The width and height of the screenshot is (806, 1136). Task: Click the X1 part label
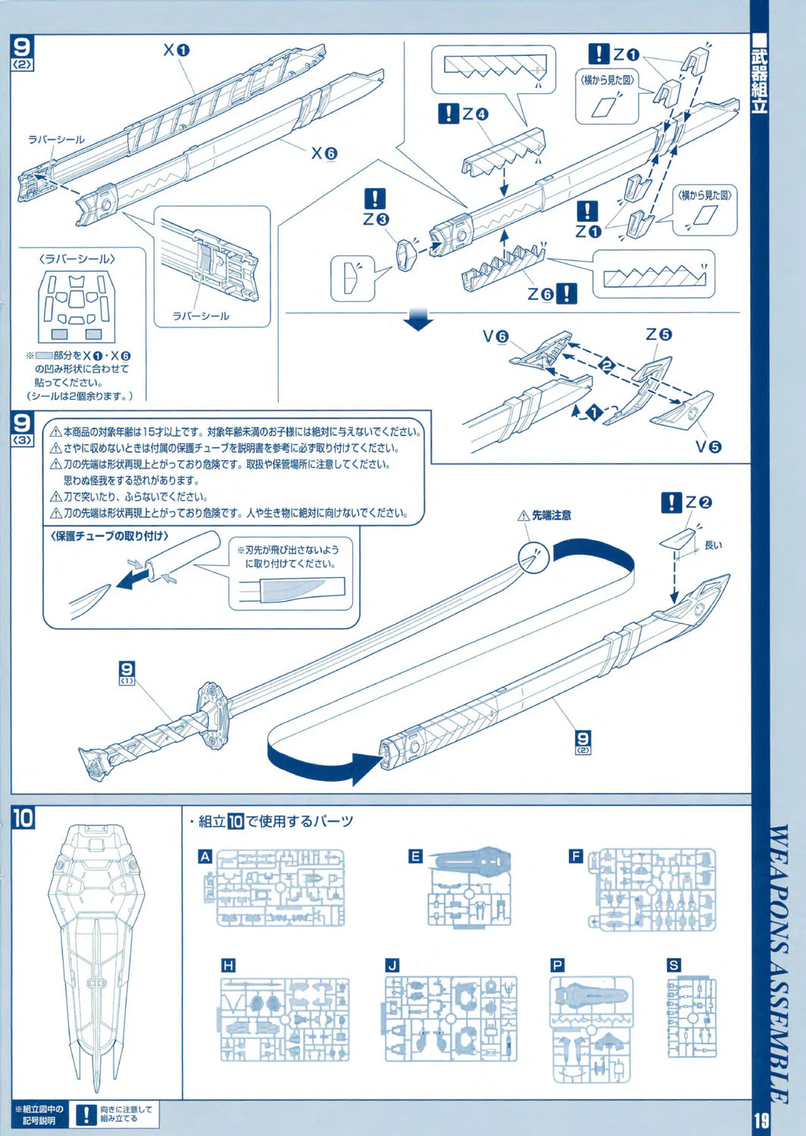pyautogui.click(x=176, y=51)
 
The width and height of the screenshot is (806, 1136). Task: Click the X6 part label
pyautogui.click(x=324, y=153)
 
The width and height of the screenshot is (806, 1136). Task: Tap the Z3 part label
pyautogui.click(x=376, y=219)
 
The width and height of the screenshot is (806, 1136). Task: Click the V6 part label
pyautogui.click(x=495, y=336)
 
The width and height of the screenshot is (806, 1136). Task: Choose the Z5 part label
pyautogui.click(x=658, y=334)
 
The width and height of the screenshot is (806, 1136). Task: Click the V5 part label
pyautogui.click(x=708, y=447)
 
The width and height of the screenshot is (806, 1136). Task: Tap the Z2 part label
pyautogui.click(x=698, y=502)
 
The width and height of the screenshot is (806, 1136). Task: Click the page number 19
pyautogui.click(x=761, y=1120)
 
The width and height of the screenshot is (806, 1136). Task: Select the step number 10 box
pyautogui.click(x=23, y=818)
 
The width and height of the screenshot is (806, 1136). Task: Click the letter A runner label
pyautogui.click(x=205, y=857)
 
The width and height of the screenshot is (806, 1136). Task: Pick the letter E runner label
pyautogui.click(x=415, y=857)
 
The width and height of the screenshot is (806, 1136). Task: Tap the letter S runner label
pyautogui.click(x=673, y=965)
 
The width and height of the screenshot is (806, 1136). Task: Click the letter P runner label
pyautogui.click(x=558, y=965)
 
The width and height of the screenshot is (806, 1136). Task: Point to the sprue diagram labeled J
pyautogui.click(x=451, y=1019)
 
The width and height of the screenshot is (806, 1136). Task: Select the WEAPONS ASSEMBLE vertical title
pyautogui.click(x=779, y=962)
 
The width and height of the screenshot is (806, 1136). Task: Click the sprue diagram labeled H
pyautogui.click(x=285, y=1019)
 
